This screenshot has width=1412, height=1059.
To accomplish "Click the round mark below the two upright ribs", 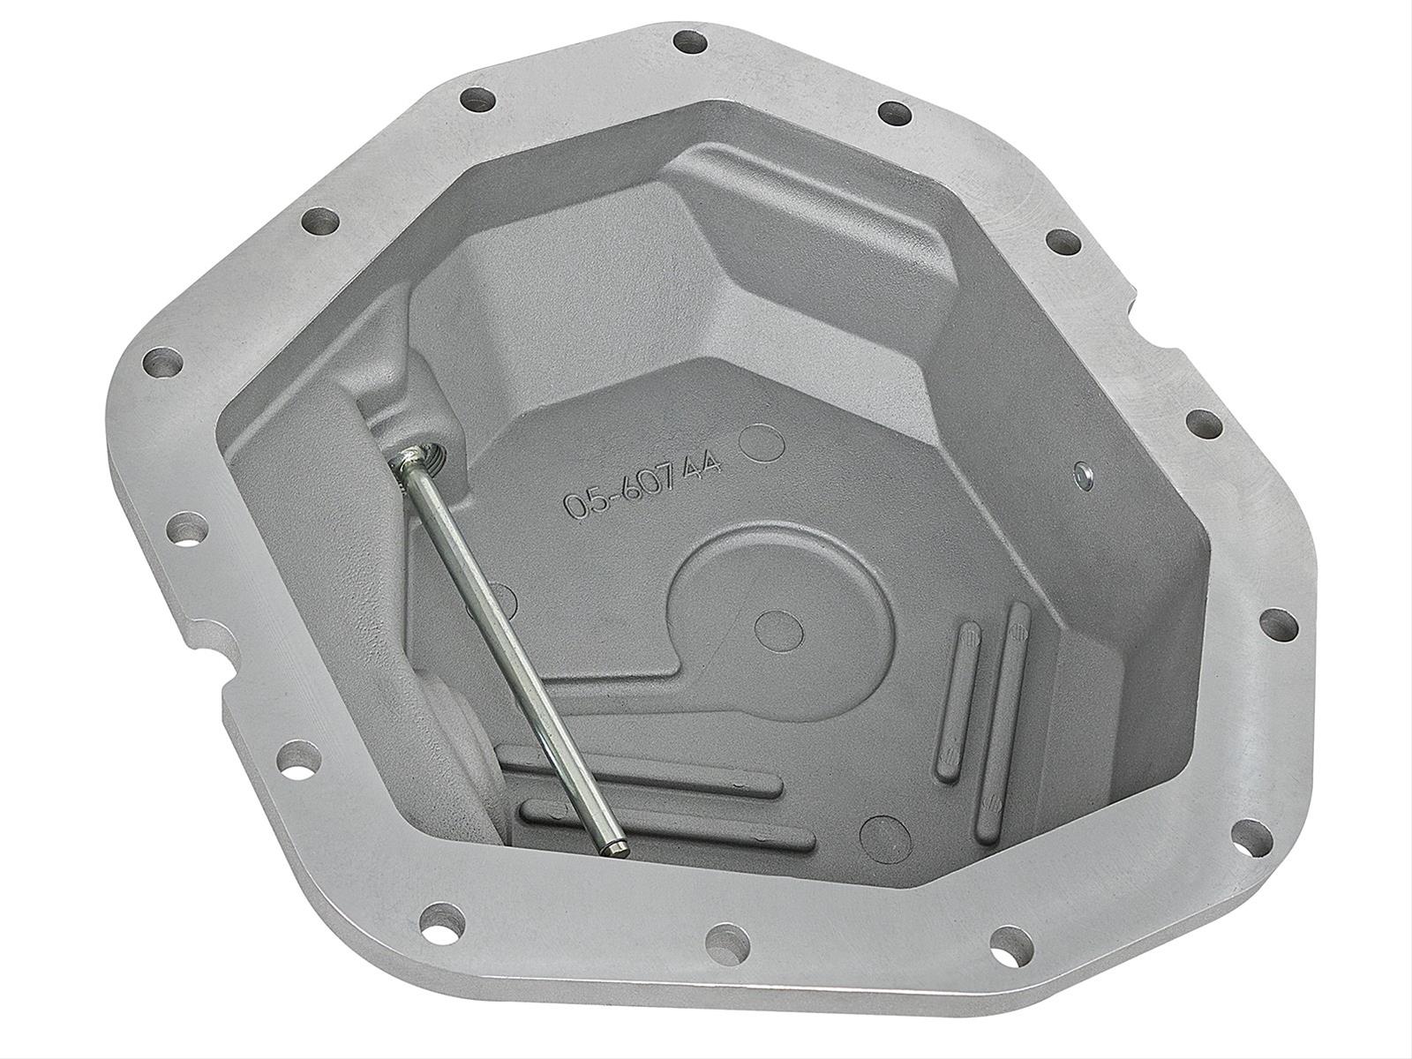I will tap(878, 833).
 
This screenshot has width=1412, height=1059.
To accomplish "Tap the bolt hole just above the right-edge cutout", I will tap(1063, 242).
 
